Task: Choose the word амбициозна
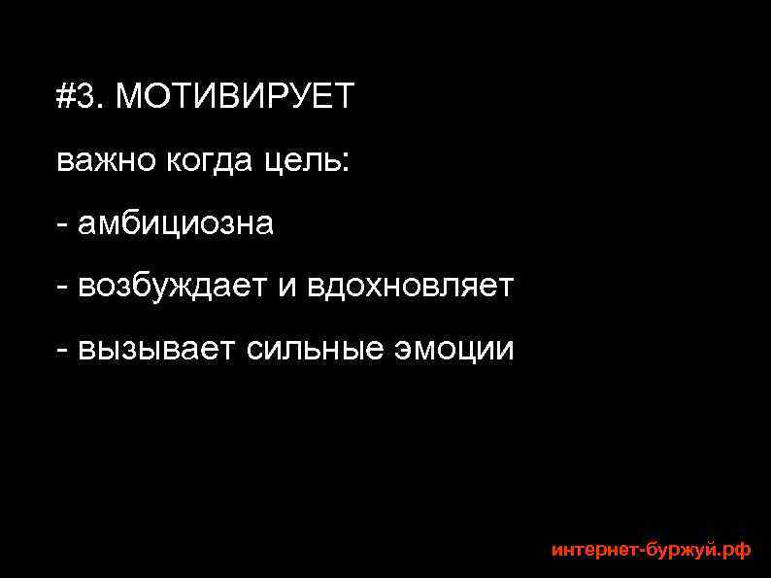[x=176, y=224]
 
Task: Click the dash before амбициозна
[x=62, y=226]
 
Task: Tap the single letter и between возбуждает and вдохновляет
[x=288, y=289]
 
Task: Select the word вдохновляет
[x=411, y=288]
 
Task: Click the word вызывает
[x=156, y=350]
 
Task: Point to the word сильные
[x=316, y=350]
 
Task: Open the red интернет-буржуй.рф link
[x=651, y=550]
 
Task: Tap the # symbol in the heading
[x=65, y=97]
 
